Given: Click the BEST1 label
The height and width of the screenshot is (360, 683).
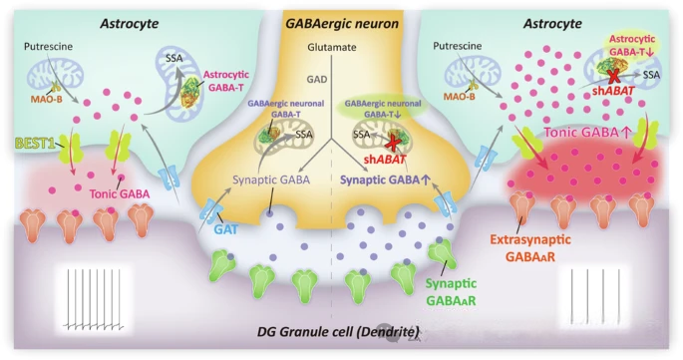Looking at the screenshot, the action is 35,143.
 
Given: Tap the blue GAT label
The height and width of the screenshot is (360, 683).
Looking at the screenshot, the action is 226,228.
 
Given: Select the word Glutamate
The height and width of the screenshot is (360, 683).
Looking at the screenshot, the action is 331,47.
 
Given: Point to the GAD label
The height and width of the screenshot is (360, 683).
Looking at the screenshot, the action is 317,80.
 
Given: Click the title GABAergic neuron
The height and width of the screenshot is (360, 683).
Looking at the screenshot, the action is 342,23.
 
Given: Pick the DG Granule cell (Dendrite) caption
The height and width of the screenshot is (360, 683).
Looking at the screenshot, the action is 338,332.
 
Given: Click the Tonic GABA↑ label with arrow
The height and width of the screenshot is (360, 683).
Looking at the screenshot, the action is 587,133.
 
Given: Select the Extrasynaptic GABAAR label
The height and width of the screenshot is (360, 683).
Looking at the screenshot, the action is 530,248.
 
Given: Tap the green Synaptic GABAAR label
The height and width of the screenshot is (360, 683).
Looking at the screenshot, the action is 451,292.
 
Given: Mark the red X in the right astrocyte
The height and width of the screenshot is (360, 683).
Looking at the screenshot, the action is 613,76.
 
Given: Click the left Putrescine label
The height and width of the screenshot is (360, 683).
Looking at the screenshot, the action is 48,46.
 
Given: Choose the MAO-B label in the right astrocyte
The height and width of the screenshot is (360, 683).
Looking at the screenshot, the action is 459,97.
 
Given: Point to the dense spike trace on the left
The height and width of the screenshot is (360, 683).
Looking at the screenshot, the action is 94,298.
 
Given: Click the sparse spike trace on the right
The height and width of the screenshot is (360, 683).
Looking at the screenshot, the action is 595,298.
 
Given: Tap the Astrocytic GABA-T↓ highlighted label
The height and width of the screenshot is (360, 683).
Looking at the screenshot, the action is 631,45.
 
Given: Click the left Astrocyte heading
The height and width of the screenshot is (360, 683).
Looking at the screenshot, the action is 130,23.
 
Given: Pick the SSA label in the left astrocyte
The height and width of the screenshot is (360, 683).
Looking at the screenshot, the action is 174,58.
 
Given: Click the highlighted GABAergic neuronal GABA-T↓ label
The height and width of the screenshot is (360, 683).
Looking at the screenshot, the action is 383,109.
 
